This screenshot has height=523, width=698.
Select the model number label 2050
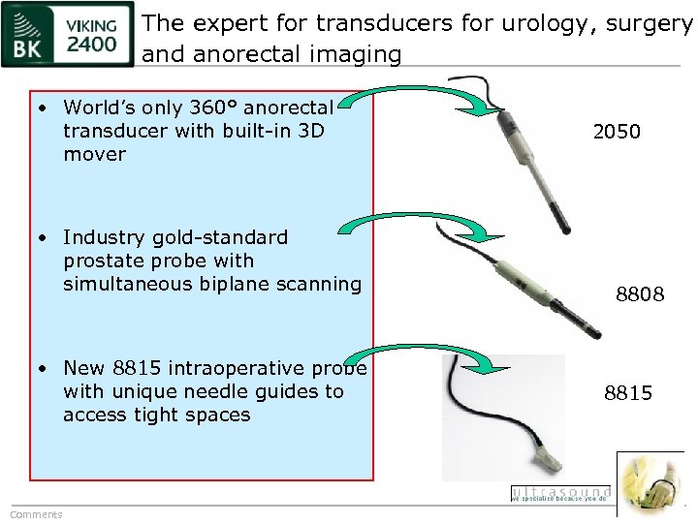point(617,132)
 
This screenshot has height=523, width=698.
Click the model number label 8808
point(640,293)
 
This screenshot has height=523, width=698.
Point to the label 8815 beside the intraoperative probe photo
point(628,392)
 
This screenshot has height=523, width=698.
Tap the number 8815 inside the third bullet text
point(138,368)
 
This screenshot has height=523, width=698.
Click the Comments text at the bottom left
point(36,514)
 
